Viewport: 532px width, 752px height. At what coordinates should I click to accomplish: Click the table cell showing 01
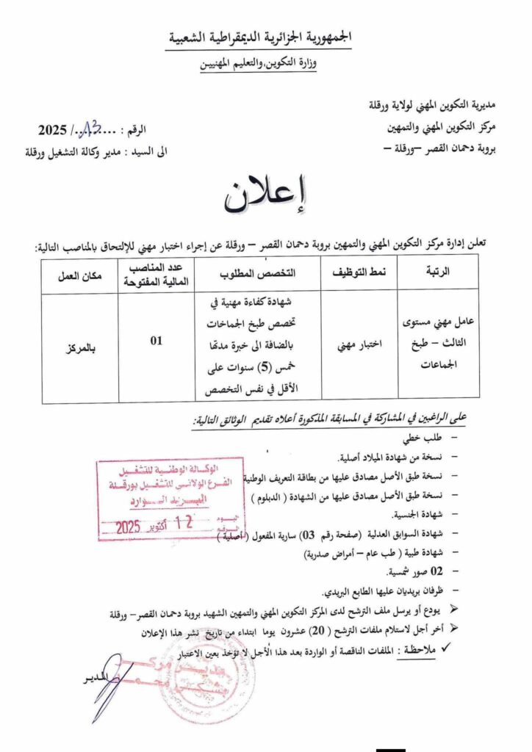(x=156, y=341)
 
